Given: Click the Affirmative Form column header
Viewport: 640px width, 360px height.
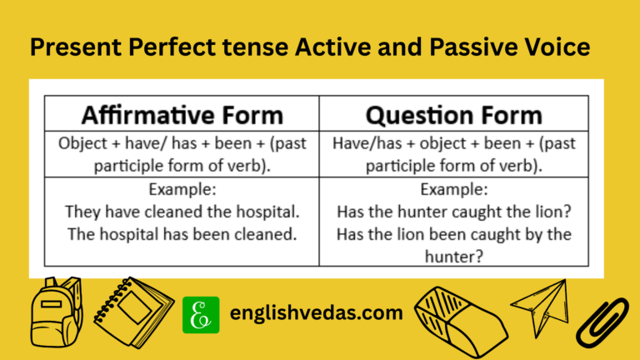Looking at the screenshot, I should (181, 114).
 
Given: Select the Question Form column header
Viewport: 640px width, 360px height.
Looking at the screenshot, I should (454, 114).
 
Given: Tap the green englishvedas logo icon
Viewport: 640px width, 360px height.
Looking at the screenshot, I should (201, 315).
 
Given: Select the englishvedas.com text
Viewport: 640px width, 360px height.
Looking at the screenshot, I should (316, 315).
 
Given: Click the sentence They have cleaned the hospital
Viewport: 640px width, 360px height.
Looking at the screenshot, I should (182, 212).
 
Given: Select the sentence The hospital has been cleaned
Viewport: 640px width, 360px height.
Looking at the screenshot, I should (182, 234).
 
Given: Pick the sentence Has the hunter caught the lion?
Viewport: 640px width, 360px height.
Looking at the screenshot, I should (454, 212).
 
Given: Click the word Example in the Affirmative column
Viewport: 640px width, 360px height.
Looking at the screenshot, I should (182, 189).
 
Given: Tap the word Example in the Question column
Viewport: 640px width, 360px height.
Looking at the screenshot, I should (454, 189).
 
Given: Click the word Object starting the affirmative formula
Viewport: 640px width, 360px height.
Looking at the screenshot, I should (82, 142).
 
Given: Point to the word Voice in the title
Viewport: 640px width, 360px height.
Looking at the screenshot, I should (557, 47).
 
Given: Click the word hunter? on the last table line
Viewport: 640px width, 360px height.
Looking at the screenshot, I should (454, 256).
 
